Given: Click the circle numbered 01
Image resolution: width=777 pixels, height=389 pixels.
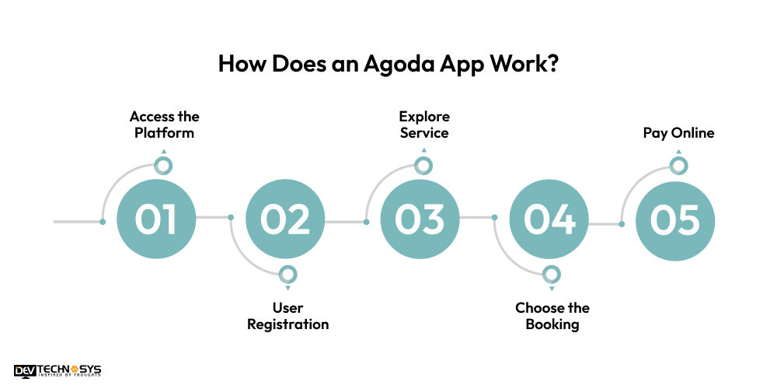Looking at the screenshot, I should point(156,220).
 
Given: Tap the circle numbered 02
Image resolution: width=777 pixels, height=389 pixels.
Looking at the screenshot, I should point(285,220).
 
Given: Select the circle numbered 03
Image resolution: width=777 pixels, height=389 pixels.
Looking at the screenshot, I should point(420,220).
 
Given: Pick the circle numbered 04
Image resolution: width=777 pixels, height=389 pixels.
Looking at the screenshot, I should point(549,220).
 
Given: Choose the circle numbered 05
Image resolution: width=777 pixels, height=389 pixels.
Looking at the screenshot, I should point(675,220).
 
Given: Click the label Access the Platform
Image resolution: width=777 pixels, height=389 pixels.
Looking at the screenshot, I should point(164,124).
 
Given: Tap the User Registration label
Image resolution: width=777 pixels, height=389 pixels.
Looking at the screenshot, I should point(287,316).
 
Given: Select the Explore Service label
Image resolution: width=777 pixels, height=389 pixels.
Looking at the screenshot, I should point(424,124).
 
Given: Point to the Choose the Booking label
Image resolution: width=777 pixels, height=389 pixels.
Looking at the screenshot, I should point(552,316).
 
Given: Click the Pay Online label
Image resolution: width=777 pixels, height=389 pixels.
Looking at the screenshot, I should point(678,133).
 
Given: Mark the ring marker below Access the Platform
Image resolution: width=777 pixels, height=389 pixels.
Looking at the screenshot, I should point(162,165).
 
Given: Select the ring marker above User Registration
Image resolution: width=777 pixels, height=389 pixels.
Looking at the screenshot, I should point(287,274).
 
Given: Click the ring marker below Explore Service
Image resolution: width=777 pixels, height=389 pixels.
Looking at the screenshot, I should point(423,165).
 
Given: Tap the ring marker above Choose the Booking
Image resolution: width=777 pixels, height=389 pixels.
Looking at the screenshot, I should point(551,274).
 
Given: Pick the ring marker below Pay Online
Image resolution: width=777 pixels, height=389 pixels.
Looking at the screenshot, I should point(678,165).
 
